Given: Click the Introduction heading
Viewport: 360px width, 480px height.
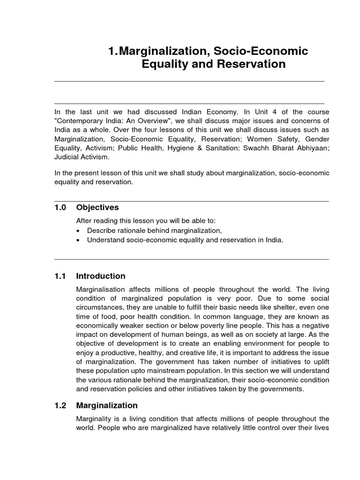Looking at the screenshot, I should point(100,276).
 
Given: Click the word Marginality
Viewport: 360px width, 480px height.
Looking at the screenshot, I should point(95,418).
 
